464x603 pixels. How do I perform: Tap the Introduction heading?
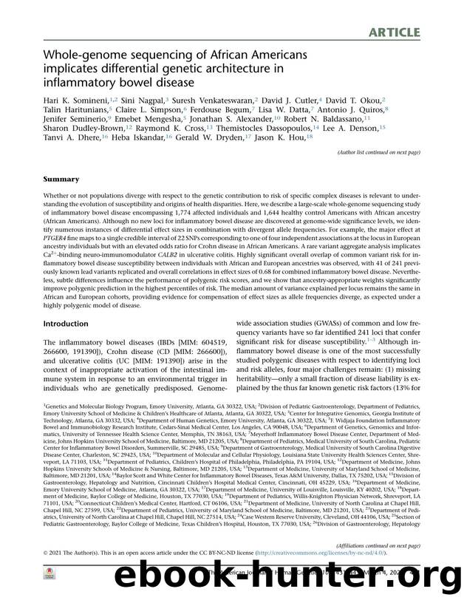66,324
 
